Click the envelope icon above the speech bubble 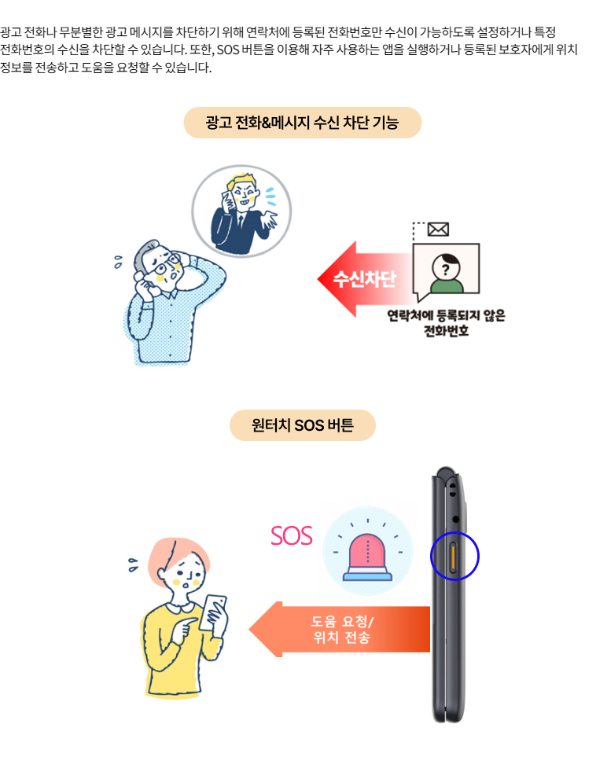pos(438,229)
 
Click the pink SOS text pos(292,535)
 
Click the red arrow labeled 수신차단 pos(365,279)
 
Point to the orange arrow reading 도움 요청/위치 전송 pos(340,629)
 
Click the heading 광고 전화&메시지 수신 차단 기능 pos(303,123)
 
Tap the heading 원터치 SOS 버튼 pos(303,425)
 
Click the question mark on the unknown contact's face pos(445,269)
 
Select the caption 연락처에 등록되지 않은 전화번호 pos(447,322)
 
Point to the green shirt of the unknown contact pos(447,285)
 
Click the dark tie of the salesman pos(240,223)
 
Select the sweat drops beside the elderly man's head pos(118,262)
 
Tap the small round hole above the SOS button pos(455,520)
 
